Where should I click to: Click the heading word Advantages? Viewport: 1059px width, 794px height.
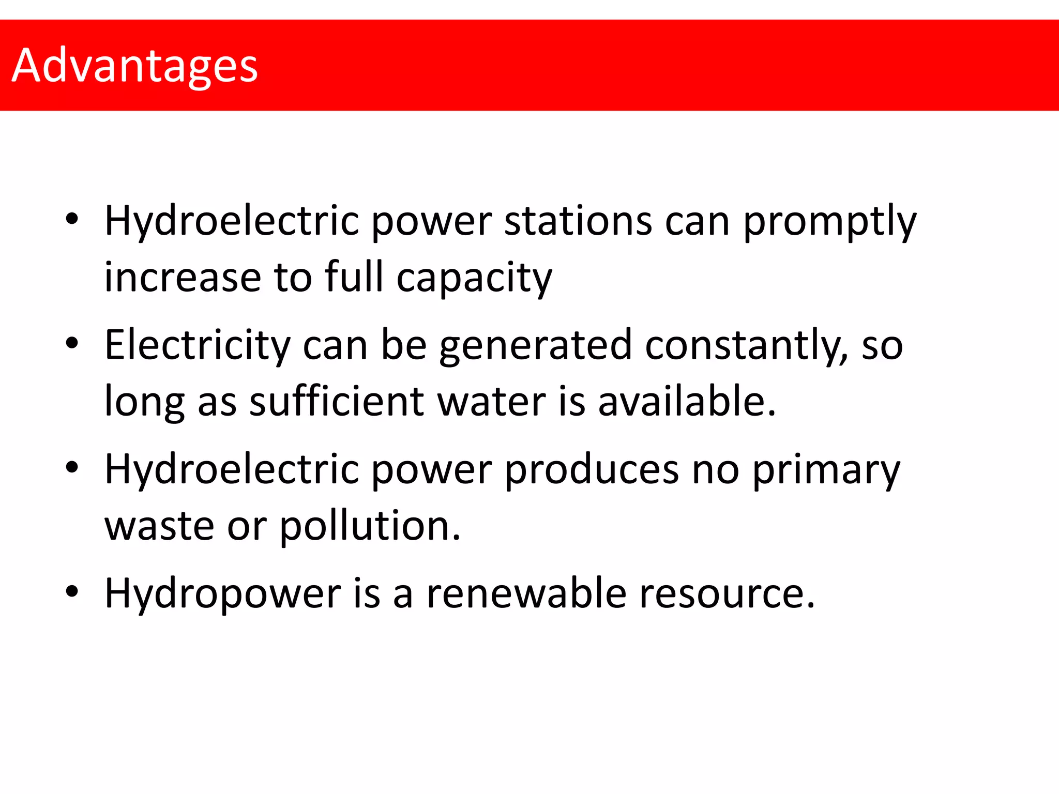(134, 66)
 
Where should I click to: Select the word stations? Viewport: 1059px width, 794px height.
(578, 221)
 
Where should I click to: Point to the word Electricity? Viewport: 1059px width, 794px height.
(198, 345)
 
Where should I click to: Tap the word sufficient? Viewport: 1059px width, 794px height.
(337, 401)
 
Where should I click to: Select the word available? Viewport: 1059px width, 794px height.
(687, 401)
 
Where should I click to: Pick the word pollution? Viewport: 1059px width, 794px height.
(370, 526)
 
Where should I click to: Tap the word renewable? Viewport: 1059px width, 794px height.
(526, 593)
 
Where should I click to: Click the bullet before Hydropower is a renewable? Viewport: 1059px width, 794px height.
(72, 591)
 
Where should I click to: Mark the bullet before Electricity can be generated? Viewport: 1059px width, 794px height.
(72, 343)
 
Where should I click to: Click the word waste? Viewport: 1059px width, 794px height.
(159, 526)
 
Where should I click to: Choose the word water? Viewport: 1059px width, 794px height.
(491, 402)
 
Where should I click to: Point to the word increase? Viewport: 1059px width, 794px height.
(183, 278)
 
